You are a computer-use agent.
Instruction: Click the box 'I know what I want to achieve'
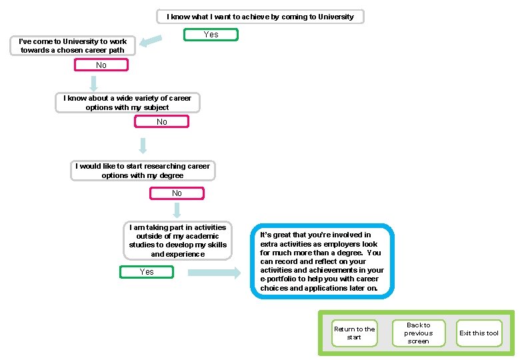click(x=260, y=17)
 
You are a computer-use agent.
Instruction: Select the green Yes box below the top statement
click(x=211, y=35)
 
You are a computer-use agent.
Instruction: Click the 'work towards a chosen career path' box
click(x=73, y=45)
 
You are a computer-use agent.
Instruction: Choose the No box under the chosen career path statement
click(x=101, y=65)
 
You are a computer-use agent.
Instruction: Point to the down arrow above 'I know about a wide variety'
click(x=94, y=83)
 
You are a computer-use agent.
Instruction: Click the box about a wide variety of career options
click(x=127, y=103)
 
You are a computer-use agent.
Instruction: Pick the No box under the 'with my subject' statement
click(x=162, y=122)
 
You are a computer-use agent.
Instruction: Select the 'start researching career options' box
click(x=143, y=171)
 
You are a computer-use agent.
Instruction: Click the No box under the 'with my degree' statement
click(x=177, y=193)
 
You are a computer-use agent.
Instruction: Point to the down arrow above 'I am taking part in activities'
click(x=177, y=211)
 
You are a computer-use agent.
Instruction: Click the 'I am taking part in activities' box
click(x=178, y=241)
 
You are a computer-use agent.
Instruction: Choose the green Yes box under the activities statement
click(x=147, y=272)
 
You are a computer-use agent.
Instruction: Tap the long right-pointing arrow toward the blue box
click(x=213, y=273)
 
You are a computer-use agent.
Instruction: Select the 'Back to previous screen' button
click(x=418, y=333)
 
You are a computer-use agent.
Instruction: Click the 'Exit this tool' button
click(x=479, y=333)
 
